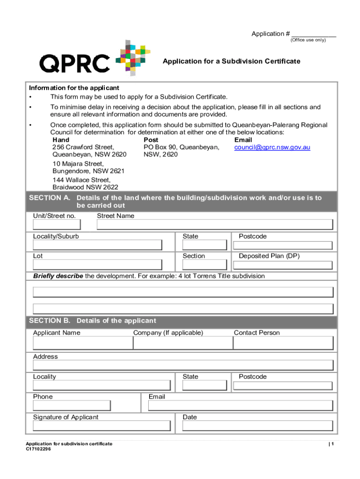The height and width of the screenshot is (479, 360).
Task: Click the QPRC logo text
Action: [x=75, y=63]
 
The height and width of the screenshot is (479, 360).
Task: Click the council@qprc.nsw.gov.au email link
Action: [x=272, y=147]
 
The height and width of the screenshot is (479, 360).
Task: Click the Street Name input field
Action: [x=215, y=225]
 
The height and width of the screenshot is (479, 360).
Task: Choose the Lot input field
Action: [x=98, y=265]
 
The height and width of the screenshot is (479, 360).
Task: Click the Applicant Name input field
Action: [x=83, y=343]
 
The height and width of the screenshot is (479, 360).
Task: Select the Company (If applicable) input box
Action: [x=183, y=343]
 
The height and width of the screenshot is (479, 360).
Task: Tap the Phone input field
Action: [x=72, y=406]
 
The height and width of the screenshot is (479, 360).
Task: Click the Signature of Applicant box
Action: [x=102, y=426]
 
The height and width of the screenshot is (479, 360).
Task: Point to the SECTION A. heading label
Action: [x=50, y=198]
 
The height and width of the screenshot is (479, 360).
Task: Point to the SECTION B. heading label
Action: [x=50, y=321]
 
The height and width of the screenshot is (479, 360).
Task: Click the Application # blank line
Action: [x=313, y=34]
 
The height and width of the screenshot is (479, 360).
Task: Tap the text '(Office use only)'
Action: [x=308, y=40]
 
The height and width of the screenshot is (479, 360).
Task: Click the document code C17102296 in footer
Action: [x=38, y=449]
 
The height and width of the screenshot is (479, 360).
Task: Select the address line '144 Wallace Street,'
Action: [x=81, y=180]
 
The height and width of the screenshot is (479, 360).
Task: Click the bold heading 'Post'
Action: [x=151, y=140]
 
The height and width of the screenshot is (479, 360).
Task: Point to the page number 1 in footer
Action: [x=331, y=444]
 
